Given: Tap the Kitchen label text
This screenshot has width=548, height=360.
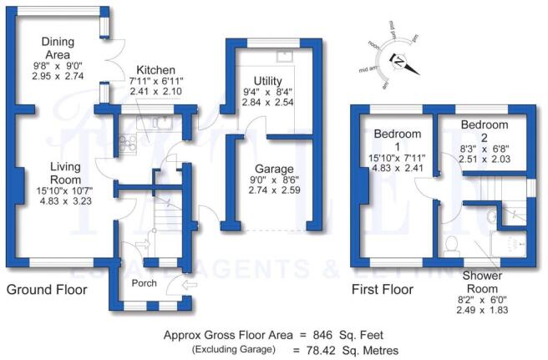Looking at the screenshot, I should pos(155,69).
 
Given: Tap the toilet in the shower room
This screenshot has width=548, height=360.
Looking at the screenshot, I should pos(451,243).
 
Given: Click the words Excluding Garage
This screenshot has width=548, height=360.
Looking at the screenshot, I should pos(231,349).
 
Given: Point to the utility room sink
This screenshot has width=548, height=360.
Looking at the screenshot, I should pos(285,56).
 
